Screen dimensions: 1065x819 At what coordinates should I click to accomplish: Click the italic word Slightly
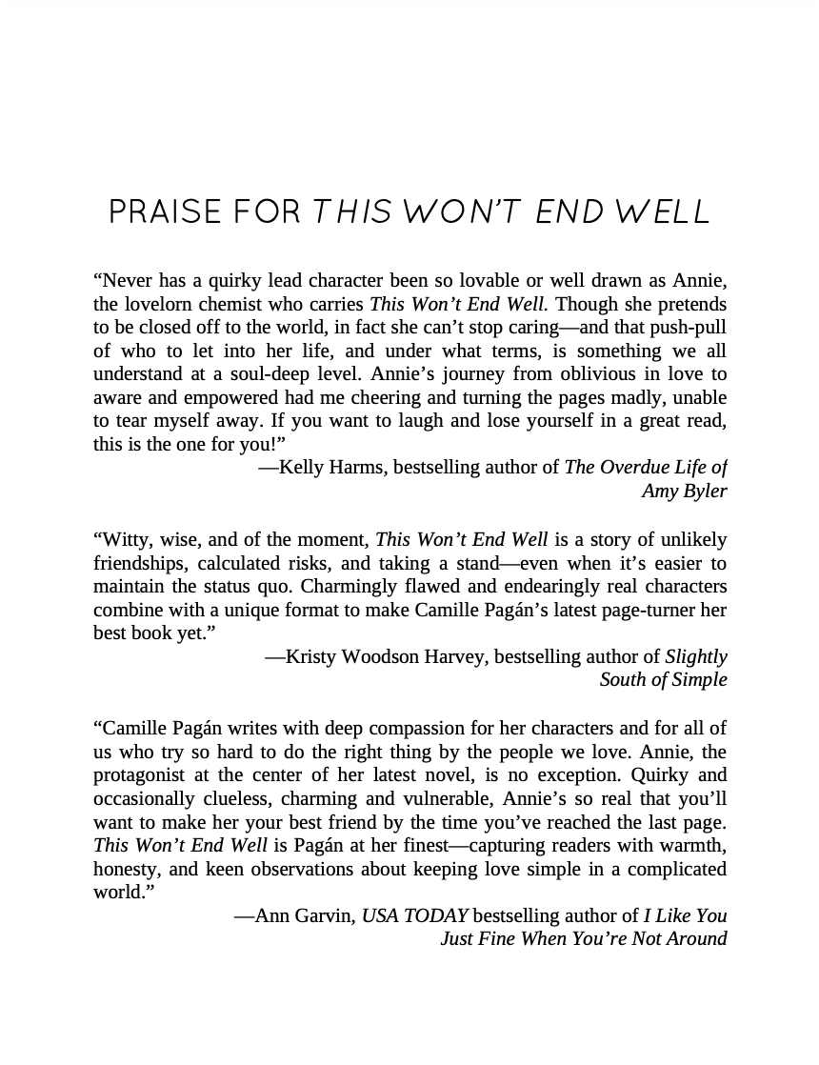coord(696,656)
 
